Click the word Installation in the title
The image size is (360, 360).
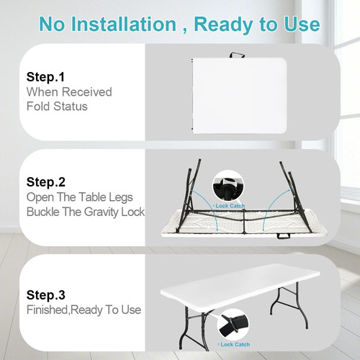[124, 24]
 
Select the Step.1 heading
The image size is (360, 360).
[45, 77]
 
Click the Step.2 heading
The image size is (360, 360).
[46, 182]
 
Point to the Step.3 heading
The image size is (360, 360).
[46, 295]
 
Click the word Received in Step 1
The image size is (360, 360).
[87, 92]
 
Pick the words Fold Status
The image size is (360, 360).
[57, 107]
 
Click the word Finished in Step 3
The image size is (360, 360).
[48, 310]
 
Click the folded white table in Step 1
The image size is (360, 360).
[239, 96]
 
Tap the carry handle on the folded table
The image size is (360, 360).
[237, 55]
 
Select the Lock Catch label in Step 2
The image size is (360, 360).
[230, 206]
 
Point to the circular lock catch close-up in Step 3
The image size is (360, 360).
[233, 324]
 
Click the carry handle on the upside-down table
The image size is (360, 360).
[284, 236]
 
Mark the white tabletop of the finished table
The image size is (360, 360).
[240, 286]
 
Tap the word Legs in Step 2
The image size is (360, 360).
[121, 197]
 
